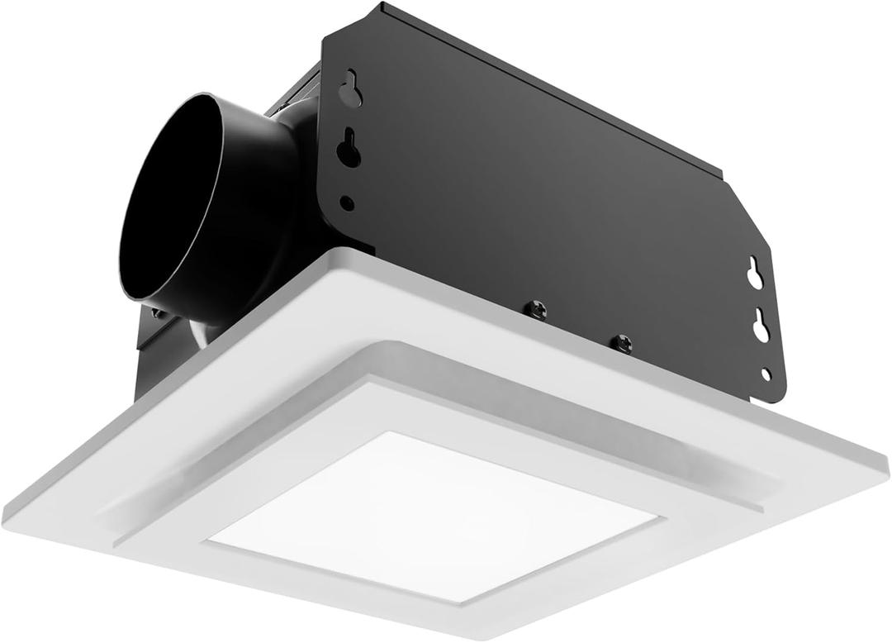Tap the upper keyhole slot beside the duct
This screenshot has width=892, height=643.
click(351, 89)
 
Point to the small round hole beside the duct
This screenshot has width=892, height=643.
click(348, 202)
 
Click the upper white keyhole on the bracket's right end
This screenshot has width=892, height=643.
click(755, 274)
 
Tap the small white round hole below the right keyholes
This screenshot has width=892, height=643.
click(766, 374)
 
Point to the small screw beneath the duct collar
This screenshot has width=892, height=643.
click(157, 313)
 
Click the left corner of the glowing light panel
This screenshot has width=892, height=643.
click(208, 542)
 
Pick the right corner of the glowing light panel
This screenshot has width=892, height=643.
click(661, 519)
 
